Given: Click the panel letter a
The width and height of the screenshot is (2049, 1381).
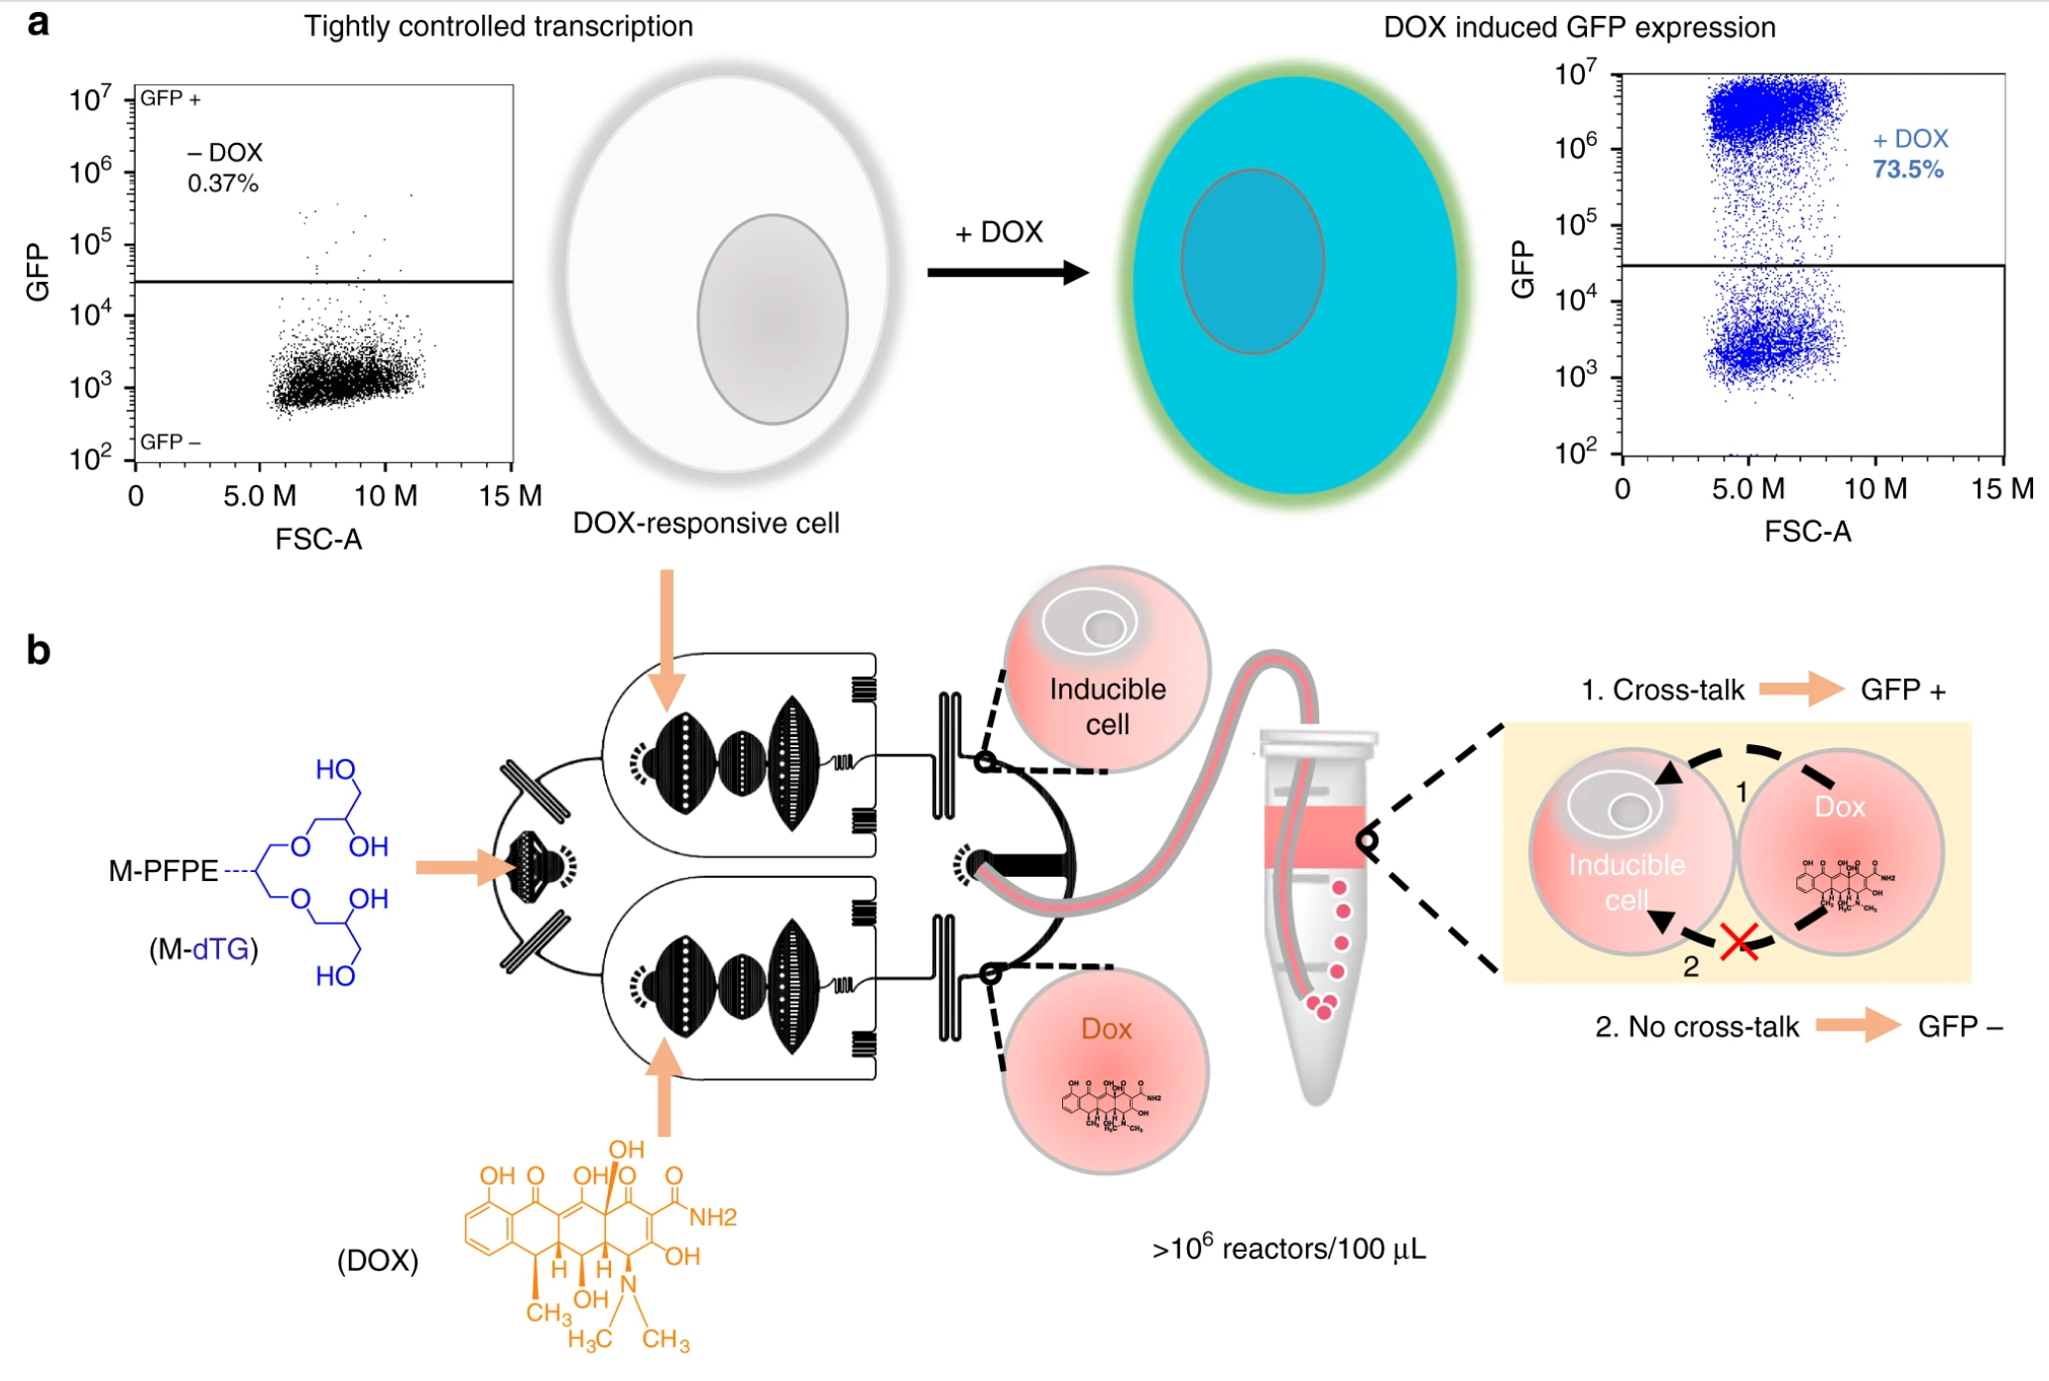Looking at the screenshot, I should (38, 22).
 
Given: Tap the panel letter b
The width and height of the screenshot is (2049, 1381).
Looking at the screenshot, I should (38, 650).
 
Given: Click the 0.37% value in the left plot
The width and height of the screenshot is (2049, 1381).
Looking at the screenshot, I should (223, 184).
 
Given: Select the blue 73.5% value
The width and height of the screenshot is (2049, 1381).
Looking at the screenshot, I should (1907, 170).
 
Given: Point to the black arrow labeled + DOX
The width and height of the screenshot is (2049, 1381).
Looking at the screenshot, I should (1008, 272).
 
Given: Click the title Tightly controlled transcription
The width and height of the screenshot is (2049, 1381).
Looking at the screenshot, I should (498, 26).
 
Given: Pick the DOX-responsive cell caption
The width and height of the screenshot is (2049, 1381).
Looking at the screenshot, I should (705, 523).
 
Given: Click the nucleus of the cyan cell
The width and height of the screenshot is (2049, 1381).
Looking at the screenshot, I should (1253, 262).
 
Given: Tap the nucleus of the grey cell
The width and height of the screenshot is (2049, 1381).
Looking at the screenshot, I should (773, 319).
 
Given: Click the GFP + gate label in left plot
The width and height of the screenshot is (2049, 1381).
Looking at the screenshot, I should (171, 98).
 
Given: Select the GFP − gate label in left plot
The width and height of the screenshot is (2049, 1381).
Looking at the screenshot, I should (171, 441).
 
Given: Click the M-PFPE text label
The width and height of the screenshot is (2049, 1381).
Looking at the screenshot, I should (164, 871).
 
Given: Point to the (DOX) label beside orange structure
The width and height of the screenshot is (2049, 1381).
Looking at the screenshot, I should (378, 1261).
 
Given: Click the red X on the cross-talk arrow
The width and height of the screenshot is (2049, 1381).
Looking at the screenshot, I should (1739, 941).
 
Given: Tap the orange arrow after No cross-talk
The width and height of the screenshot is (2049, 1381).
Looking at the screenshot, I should (1858, 1025).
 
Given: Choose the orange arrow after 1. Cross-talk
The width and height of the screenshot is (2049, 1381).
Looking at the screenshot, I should (1801, 689).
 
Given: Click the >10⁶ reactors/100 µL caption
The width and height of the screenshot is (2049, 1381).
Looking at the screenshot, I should (1288, 1248).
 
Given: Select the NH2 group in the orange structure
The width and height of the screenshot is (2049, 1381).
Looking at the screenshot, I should (713, 1217).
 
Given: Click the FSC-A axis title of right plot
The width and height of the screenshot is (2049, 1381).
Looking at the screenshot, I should (1807, 533).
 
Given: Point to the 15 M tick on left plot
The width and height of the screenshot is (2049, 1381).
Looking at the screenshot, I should (510, 496).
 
